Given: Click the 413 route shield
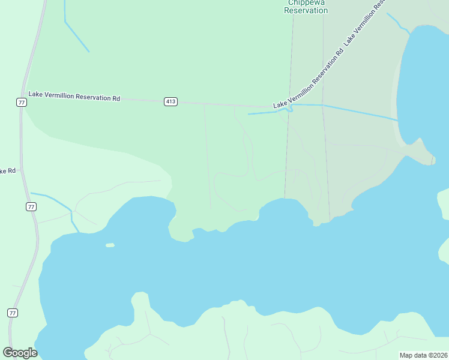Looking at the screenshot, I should (x=170, y=102).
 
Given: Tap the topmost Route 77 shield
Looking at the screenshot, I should (x=22, y=103).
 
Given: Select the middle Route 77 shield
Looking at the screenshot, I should (x=31, y=206).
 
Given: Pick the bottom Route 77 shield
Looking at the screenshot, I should (x=13, y=313).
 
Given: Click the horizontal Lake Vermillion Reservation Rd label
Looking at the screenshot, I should (x=74, y=97).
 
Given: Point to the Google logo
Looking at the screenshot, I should (x=20, y=353).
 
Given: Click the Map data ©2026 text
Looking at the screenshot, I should (x=423, y=355).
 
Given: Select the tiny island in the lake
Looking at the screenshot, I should (x=110, y=245).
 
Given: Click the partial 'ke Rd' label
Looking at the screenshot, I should (x=7, y=171).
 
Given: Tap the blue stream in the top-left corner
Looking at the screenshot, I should (x=76, y=37).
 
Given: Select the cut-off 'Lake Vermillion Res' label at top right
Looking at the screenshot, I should (x=364, y=24).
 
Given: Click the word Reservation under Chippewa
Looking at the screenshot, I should (x=306, y=11).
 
